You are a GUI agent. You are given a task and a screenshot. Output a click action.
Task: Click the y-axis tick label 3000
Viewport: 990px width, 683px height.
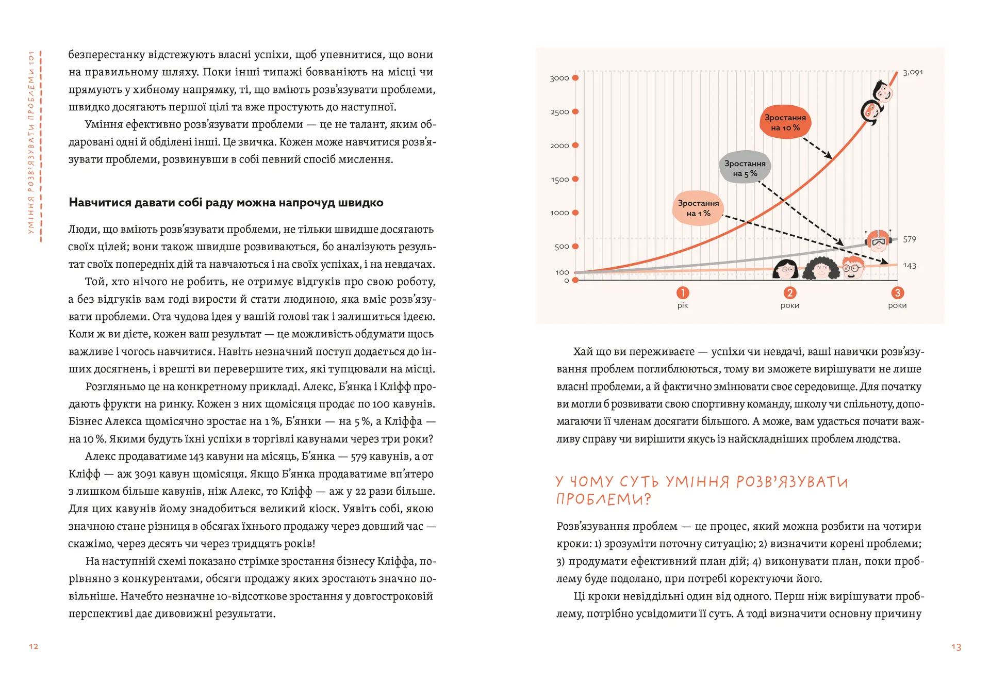559,78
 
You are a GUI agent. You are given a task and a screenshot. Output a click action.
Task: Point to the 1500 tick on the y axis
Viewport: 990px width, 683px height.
560,180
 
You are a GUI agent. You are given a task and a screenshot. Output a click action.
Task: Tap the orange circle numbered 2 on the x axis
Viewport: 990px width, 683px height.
789,293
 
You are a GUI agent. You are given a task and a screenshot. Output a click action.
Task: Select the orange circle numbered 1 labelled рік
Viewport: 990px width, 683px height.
682,293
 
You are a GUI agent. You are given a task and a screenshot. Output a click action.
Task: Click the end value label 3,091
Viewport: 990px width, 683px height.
913,72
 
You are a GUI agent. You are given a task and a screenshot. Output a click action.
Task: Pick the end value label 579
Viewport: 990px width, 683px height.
910,239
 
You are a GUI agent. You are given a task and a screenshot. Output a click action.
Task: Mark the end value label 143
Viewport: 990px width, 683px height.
910,266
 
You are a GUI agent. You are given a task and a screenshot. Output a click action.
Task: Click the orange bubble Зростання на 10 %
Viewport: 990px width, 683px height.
785,122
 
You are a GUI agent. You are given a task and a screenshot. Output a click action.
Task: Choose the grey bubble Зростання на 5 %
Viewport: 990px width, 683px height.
745,168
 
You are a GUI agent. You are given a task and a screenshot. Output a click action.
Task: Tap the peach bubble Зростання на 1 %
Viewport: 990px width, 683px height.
698,208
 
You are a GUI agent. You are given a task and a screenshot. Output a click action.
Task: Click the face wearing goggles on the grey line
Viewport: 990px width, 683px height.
878,241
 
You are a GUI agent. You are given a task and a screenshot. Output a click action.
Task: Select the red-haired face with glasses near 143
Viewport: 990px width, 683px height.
853,267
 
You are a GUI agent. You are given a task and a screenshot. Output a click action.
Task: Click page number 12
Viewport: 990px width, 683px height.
34,646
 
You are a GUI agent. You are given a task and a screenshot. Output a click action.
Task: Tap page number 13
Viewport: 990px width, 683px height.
956,647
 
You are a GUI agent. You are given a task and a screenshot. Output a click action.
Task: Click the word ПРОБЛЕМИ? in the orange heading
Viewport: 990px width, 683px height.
603,499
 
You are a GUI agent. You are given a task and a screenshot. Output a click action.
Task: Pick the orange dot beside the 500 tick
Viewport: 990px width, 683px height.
575,247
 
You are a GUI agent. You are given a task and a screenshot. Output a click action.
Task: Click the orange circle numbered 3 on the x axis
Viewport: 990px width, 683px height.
897,293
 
